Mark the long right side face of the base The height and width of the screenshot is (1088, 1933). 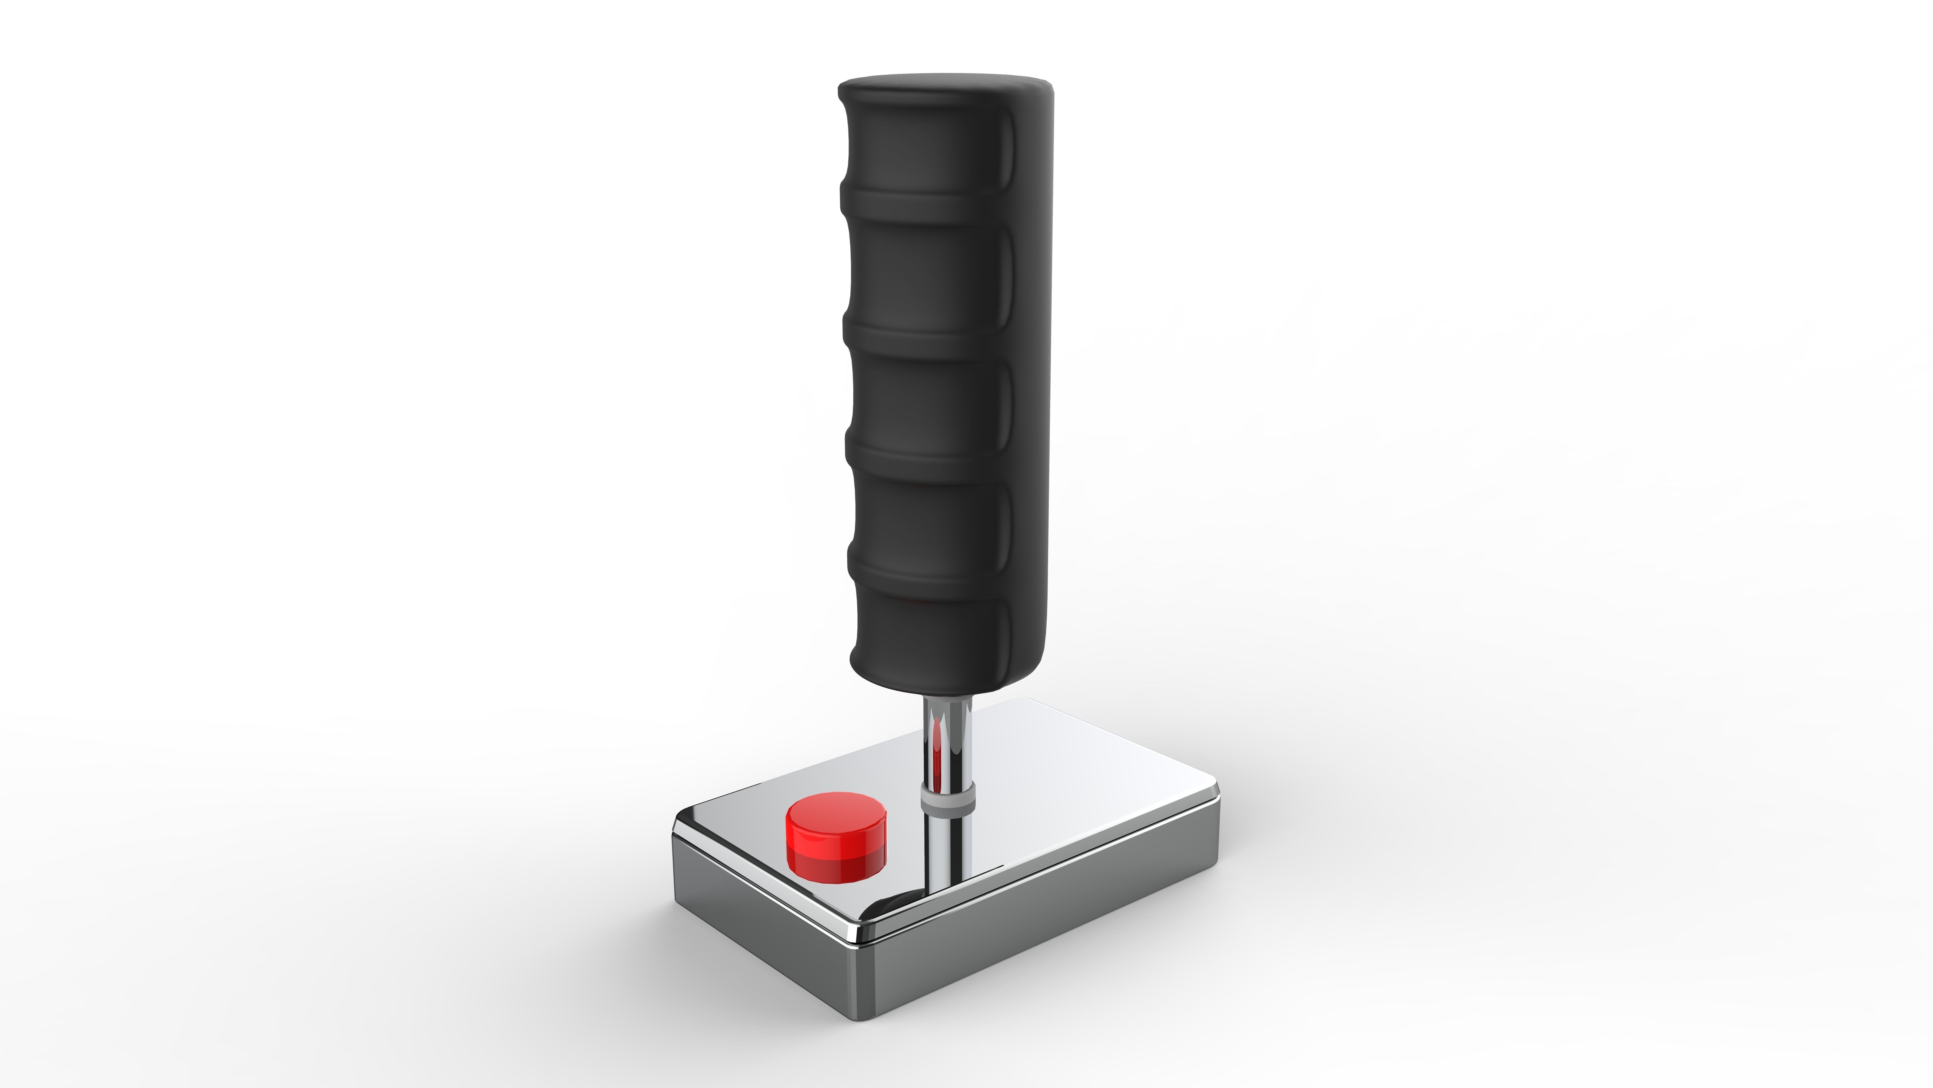tap(1051, 924)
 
